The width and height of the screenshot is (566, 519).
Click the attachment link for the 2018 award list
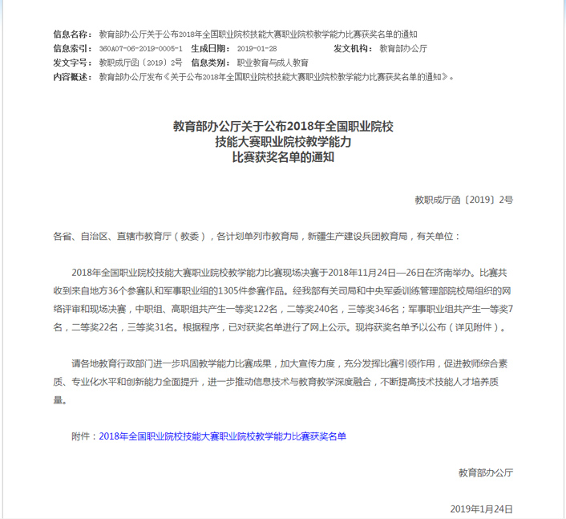223,436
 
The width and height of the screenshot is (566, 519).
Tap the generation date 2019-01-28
257,49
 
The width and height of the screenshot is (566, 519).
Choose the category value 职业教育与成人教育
273,63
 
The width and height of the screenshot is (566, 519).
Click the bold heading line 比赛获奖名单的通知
283,157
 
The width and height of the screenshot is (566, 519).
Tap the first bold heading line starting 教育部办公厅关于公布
283,127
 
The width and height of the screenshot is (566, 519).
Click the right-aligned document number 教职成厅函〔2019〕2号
463,198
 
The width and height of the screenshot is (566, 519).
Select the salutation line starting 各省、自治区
257,237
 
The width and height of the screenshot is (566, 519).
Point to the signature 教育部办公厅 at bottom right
486,472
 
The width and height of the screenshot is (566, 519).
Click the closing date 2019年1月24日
481,509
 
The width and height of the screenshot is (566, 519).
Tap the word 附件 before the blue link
81,436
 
